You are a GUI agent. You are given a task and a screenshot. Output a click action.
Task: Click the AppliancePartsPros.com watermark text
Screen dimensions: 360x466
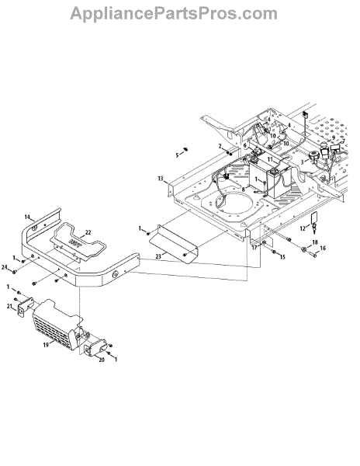coord(174,13)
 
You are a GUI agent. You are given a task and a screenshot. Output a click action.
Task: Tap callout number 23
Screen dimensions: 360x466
coord(158,256)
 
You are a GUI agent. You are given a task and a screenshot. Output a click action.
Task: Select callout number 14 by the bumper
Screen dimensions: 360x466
coord(27,217)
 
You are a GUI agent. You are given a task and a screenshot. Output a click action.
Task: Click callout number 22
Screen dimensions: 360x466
coord(88,233)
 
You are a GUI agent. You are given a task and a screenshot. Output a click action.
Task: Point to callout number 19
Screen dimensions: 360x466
coord(46,345)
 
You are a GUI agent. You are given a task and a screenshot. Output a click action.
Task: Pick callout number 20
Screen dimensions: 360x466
coord(102,360)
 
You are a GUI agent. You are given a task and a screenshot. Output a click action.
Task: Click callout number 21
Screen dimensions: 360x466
coord(9,306)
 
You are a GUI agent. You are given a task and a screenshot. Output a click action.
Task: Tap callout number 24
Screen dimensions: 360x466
coord(4,267)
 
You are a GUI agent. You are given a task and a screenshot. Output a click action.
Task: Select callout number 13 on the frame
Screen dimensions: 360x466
coord(161,179)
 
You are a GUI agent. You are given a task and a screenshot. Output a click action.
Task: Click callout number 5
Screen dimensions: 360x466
coord(177,155)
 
